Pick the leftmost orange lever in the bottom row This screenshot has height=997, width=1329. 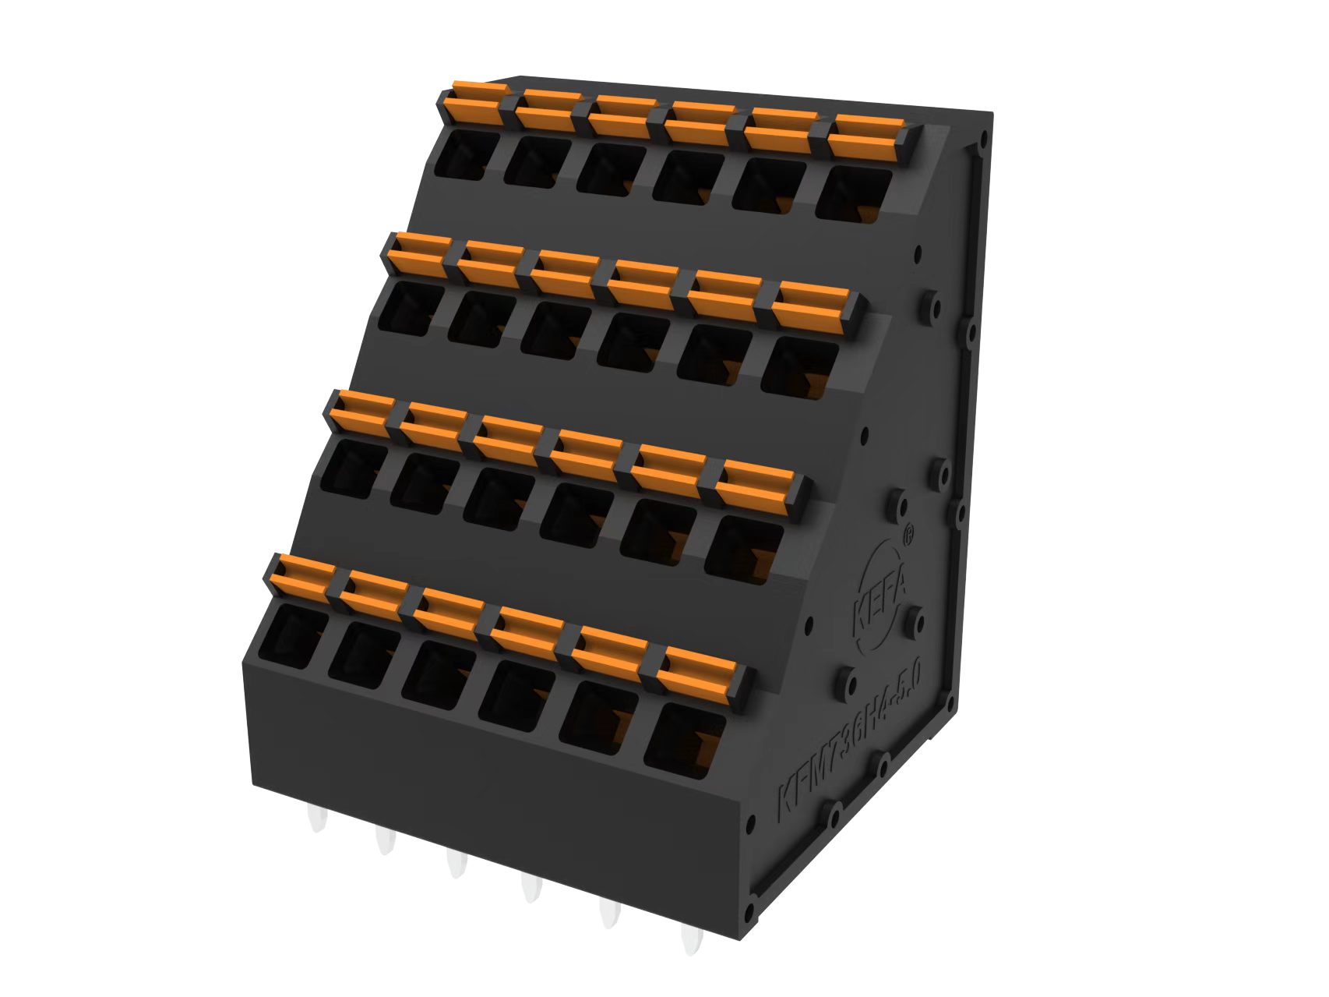[x=300, y=578]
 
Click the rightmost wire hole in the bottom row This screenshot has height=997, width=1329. [x=684, y=741]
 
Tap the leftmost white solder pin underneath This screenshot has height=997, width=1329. [x=316, y=818]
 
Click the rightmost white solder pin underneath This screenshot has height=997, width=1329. [x=690, y=939]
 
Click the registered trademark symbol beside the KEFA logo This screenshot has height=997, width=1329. [x=908, y=536]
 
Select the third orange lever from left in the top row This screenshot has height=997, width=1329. [x=622, y=115]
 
